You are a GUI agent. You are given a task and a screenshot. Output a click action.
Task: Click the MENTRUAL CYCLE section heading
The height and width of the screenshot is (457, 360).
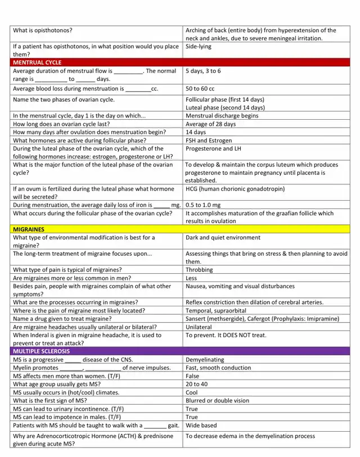(x=37, y=62)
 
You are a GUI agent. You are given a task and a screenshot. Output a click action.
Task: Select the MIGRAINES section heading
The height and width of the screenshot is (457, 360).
(x=29, y=229)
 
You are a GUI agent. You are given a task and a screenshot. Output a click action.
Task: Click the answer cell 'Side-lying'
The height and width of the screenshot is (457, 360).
(x=199, y=47)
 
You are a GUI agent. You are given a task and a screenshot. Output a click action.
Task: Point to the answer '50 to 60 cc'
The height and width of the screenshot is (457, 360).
(x=200, y=89)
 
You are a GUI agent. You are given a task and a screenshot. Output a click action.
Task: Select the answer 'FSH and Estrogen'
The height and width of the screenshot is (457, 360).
(x=208, y=141)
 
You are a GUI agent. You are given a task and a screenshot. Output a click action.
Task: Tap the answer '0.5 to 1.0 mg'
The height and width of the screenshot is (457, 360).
(x=203, y=205)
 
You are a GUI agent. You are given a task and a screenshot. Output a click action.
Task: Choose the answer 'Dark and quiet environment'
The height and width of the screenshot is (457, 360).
(x=223, y=238)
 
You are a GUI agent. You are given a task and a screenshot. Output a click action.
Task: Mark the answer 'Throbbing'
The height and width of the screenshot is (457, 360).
(x=199, y=270)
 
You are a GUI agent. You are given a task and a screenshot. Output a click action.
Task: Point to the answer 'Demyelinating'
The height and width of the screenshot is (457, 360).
(x=204, y=359)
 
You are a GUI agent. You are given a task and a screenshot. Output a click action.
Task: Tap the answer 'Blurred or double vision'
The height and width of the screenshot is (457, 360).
(x=217, y=401)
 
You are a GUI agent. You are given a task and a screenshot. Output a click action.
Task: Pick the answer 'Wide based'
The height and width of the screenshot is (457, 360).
(x=201, y=426)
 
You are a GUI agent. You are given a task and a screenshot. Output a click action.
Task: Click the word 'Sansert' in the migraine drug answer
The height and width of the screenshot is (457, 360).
(x=196, y=319)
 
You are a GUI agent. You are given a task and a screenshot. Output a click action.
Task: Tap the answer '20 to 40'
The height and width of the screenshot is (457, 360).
(x=197, y=384)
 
